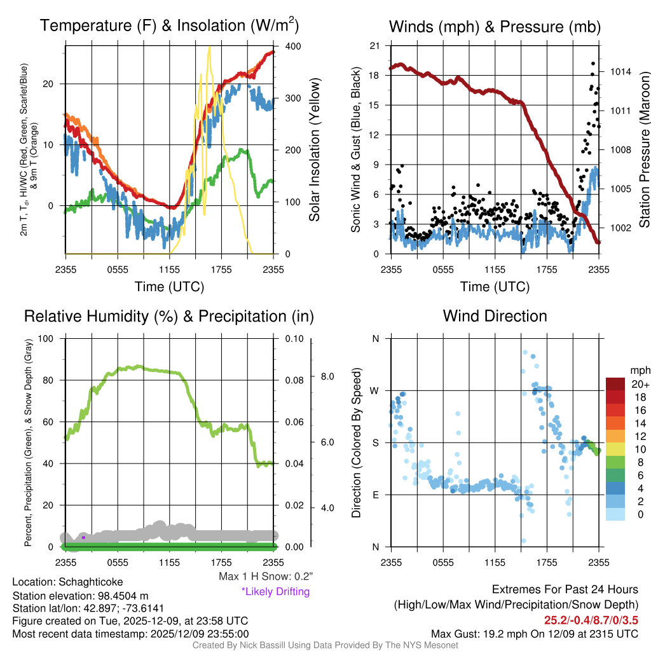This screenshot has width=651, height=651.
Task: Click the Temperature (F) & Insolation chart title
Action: coord(169,26)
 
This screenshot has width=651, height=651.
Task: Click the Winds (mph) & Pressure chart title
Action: coord(495,27)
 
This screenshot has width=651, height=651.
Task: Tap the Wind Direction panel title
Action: coord(495,316)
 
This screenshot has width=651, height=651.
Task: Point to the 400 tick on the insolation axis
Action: coord(293,46)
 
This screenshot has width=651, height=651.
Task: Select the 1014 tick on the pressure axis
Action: coord(620,72)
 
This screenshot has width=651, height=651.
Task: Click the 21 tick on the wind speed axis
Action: coord(374,46)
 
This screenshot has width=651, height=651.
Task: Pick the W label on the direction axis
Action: coord(375,390)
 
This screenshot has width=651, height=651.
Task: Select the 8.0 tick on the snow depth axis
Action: coord(327,376)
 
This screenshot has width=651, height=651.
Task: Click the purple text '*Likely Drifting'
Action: coord(275,592)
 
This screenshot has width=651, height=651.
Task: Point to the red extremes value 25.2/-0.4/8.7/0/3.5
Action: coord(591,620)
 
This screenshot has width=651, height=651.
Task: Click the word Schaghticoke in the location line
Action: coord(91,582)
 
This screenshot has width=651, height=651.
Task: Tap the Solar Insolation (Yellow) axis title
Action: coord(315,149)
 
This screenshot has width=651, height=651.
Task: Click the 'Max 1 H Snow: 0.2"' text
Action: coord(266,577)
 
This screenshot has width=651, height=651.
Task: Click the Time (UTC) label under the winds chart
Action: coord(495,287)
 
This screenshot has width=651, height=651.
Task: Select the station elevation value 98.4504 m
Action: coord(120,596)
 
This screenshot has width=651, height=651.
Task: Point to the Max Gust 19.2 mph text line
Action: coord(535,633)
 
